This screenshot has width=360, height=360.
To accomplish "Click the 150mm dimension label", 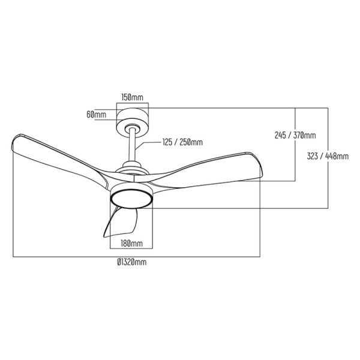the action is (x=132, y=97).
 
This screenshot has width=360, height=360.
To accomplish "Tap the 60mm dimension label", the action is (x=96, y=115).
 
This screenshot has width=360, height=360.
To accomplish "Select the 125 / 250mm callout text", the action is (x=182, y=142).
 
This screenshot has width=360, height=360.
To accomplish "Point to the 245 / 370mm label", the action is (x=295, y=135).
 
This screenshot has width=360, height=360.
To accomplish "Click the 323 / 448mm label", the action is (x=328, y=156).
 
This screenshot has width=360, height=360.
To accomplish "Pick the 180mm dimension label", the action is (x=132, y=244).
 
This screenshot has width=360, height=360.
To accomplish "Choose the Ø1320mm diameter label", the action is (x=131, y=262).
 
